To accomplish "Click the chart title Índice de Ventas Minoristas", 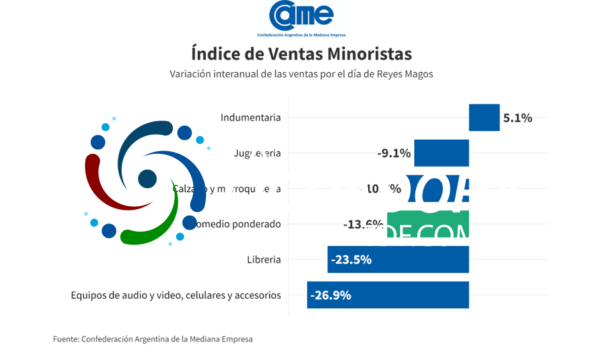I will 301,52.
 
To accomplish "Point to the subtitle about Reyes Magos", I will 301,74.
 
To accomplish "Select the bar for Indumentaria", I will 484,117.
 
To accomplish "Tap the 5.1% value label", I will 517,118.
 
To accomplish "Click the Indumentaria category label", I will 250,117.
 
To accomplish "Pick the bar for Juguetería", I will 442,153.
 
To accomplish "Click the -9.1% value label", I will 394,153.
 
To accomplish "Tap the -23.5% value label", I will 351,260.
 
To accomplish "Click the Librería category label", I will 264,260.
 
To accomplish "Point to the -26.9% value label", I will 331,296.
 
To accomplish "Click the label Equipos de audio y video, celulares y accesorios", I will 175,296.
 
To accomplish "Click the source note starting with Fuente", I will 153,339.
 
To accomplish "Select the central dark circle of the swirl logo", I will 147,179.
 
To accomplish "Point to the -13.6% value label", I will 362,225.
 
